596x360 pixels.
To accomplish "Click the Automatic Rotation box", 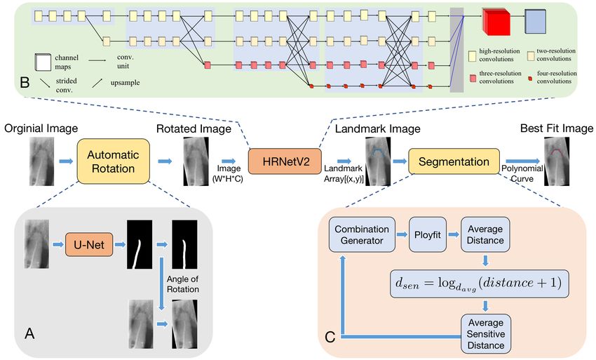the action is click(114, 161).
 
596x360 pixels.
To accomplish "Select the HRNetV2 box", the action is click(285, 161).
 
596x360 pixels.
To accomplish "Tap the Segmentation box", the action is click(454, 161).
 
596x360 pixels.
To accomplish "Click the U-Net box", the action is click(89, 244).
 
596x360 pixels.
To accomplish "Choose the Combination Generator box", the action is click(362, 235).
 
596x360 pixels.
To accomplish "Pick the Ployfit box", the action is click(428, 235).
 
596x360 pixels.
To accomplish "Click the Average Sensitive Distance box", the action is click(486, 334).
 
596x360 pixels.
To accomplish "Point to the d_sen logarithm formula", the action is click(480, 284).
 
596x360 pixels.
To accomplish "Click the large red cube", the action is click(496, 22).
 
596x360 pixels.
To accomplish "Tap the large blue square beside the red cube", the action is click(535, 21).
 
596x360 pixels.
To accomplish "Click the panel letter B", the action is click(25, 82).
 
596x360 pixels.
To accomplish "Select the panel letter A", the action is click(29, 333).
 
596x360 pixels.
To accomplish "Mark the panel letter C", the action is click(330, 337).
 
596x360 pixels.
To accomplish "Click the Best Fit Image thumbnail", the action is click(557, 161).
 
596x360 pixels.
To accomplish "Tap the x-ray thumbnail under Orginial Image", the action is click(42, 161).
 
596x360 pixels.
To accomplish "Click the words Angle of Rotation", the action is click(183, 284).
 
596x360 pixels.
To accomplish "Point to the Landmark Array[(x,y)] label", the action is click(344, 174).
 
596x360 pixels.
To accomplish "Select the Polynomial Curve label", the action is click(522, 173).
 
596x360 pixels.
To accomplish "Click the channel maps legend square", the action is click(43, 62).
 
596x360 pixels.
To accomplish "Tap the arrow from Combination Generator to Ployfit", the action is click(402, 235).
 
